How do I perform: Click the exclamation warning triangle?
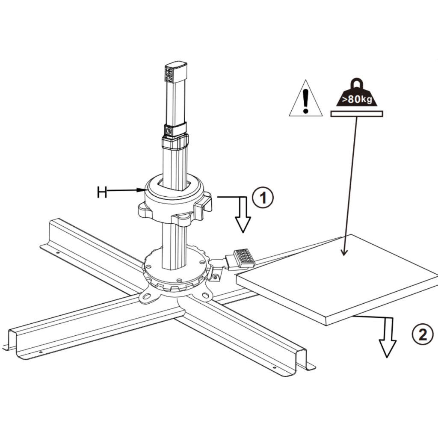305,99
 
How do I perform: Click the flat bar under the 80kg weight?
357,113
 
